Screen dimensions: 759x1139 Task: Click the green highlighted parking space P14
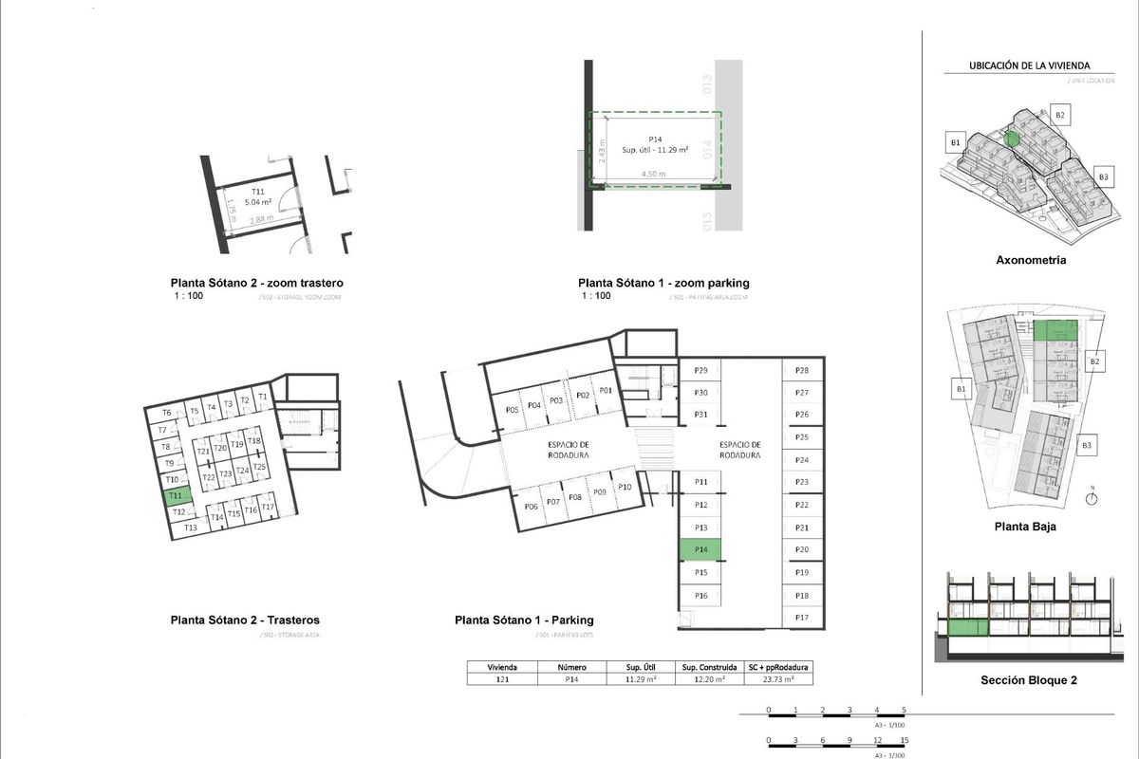(x=700, y=549)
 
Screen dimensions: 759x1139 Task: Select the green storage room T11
(x=177, y=495)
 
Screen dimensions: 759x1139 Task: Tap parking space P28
(x=802, y=370)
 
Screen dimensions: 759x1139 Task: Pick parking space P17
(x=802, y=618)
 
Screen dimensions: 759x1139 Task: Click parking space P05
(x=512, y=410)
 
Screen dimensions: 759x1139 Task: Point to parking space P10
(x=625, y=487)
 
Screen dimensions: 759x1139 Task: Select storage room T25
(x=259, y=468)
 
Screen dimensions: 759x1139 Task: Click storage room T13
(x=190, y=528)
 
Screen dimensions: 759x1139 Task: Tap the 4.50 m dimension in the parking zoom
(x=653, y=175)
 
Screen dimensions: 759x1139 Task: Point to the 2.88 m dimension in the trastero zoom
(x=262, y=220)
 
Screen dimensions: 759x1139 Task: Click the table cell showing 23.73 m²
(x=778, y=679)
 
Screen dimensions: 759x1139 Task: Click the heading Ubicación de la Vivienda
(x=1029, y=66)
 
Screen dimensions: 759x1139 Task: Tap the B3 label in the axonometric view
(x=1103, y=177)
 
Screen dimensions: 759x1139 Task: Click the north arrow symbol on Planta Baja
(x=1092, y=495)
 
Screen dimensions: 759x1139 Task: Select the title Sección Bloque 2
(x=1029, y=680)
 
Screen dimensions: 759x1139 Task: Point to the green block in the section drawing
(x=968, y=626)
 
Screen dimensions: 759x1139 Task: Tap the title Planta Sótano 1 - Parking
(x=524, y=620)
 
